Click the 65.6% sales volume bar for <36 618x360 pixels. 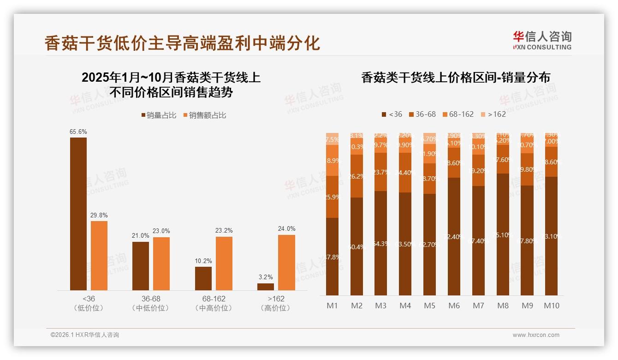[x=78, y=214]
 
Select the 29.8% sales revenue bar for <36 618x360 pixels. [x=99, y=255]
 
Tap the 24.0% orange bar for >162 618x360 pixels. [x=286, y=262]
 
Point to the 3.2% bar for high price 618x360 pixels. [x=266, y=287]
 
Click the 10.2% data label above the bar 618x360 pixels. [x=203, y=261]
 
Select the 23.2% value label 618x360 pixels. [x=224, y=231]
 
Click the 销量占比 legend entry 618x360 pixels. [x=158, y=115]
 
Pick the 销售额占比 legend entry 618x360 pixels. [x=204, y=115]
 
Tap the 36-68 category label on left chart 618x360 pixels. [x=151, y=299]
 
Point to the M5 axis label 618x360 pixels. [x=430, y=306]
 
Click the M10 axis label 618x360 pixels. [x=551, y=306]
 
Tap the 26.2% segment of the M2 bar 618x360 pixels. [x=357, y=176]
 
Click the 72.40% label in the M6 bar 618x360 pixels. [x=454, y=237]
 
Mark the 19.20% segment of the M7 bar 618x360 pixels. [x=478, y=170]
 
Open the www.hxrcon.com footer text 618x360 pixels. [x=536, y=335]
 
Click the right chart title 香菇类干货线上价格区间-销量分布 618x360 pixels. [x=456, y=78]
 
